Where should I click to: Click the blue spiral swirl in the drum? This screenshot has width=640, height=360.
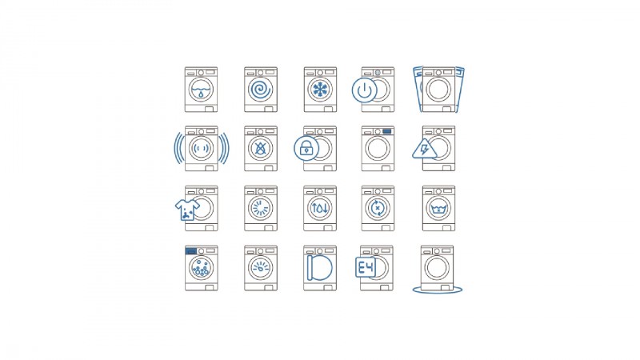tap(261, 90)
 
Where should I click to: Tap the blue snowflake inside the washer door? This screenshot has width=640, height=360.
tap(320, 90)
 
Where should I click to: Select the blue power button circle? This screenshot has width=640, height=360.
tap(365, 90)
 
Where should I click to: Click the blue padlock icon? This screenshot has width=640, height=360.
tap(306, 148)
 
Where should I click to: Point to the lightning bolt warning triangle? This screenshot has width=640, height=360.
tap(424, 149)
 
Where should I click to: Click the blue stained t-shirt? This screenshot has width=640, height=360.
tap(187, 210)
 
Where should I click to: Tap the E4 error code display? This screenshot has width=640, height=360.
tap(366, 268)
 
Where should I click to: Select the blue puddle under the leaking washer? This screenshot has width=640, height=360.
tap(438, 290)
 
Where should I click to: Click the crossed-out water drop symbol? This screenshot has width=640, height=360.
tap(261, 148)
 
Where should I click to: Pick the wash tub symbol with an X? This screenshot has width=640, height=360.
tap(438, 209)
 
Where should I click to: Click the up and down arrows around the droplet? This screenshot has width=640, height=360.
tap(319, 208)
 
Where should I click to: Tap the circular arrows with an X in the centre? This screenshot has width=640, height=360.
tap(378, 208)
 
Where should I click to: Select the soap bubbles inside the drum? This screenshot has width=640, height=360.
tap(202, 268)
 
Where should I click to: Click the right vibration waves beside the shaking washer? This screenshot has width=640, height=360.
tap(224, 148)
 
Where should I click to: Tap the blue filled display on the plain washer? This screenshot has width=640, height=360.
tap(387, 131)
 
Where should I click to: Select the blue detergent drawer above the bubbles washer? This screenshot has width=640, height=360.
tap(190, 251)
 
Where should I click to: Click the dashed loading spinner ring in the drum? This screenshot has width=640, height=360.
tap(261, 208)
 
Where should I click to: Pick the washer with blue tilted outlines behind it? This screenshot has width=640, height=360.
tap(438, 90)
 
